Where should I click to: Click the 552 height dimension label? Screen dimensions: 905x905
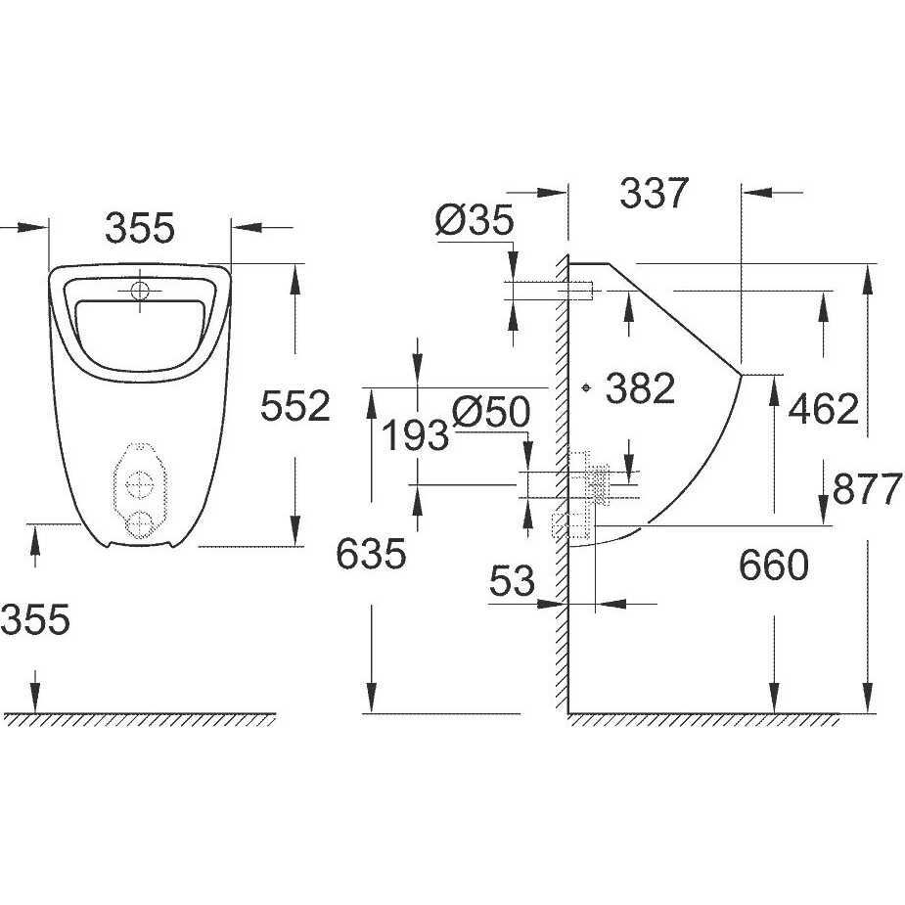click(x=294, y=406)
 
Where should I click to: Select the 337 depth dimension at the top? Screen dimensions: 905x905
click(x=654, y=193)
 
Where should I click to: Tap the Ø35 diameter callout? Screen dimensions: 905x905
click(x=475, y=220)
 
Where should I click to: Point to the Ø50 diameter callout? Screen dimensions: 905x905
click(x=491, y=412)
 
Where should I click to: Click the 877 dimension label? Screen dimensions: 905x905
click(x=868, y=488)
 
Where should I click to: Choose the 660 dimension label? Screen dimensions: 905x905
click(x=774, y=566)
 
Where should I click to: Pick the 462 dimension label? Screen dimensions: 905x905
click(x=824, y=409)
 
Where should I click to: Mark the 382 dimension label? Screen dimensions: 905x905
click(x=640, y=387)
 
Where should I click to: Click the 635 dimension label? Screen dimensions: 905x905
click(x=371, y=554)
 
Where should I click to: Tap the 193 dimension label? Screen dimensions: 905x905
click(x=415, y=435)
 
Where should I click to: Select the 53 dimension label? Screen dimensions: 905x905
click(x=512, y=580)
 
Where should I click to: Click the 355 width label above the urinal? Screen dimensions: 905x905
click(x=140, y=227)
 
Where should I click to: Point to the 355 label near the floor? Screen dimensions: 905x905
click(x=36, y=619)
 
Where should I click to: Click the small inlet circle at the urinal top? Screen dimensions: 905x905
click(x=140, y=291)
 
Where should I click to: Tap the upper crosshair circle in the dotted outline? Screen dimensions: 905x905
click(x=140, y=484)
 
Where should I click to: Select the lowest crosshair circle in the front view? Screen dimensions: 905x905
click(x=140, y=524)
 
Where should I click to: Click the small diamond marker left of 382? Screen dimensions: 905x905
click(x=586, y=387)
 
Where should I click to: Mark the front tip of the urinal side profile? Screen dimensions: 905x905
click(x=741, y=375)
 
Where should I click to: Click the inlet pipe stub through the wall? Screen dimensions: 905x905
click(x=575, y=291)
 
